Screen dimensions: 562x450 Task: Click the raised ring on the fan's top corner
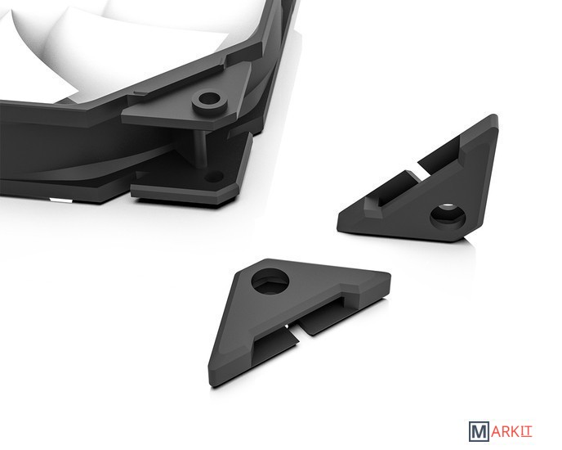pyautogui.click(x=211, y=102)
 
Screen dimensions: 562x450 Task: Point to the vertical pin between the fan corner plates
pyautogui.click(x=202, y=148)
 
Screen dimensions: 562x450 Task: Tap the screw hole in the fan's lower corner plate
pyautogui.click(x=213, y=177)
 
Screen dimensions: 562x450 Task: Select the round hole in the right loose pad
pyautogui.click(x=448, y=216)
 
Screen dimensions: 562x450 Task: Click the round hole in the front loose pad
pyautogui.click(x=270, y=281)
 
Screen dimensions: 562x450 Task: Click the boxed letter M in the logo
pyautogui.click(x=479, y=432)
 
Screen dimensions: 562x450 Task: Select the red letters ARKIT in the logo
pyautogui.click(x=511, y=432)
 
